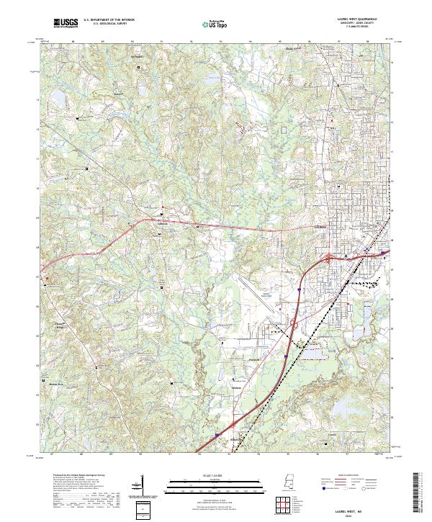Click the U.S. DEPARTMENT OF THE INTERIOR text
point(109,20)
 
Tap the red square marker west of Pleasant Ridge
point(48,277)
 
